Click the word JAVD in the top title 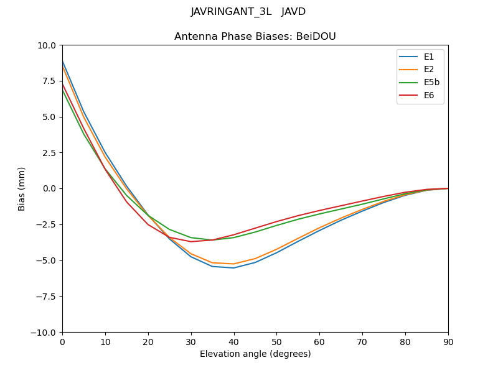point(293,12)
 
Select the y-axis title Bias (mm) point(22,188)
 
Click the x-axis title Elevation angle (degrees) point(255,354)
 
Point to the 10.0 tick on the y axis point(47,45)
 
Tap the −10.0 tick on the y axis point(44,332)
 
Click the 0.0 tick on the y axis point(49,188)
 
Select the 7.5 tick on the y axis point(49,81)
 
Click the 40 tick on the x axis point(234,342)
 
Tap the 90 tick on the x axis point(448,342)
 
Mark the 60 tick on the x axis point(319,342)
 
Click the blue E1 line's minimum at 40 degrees point(234,268)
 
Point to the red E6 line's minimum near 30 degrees point(191,242)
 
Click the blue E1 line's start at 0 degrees point(63,61)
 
